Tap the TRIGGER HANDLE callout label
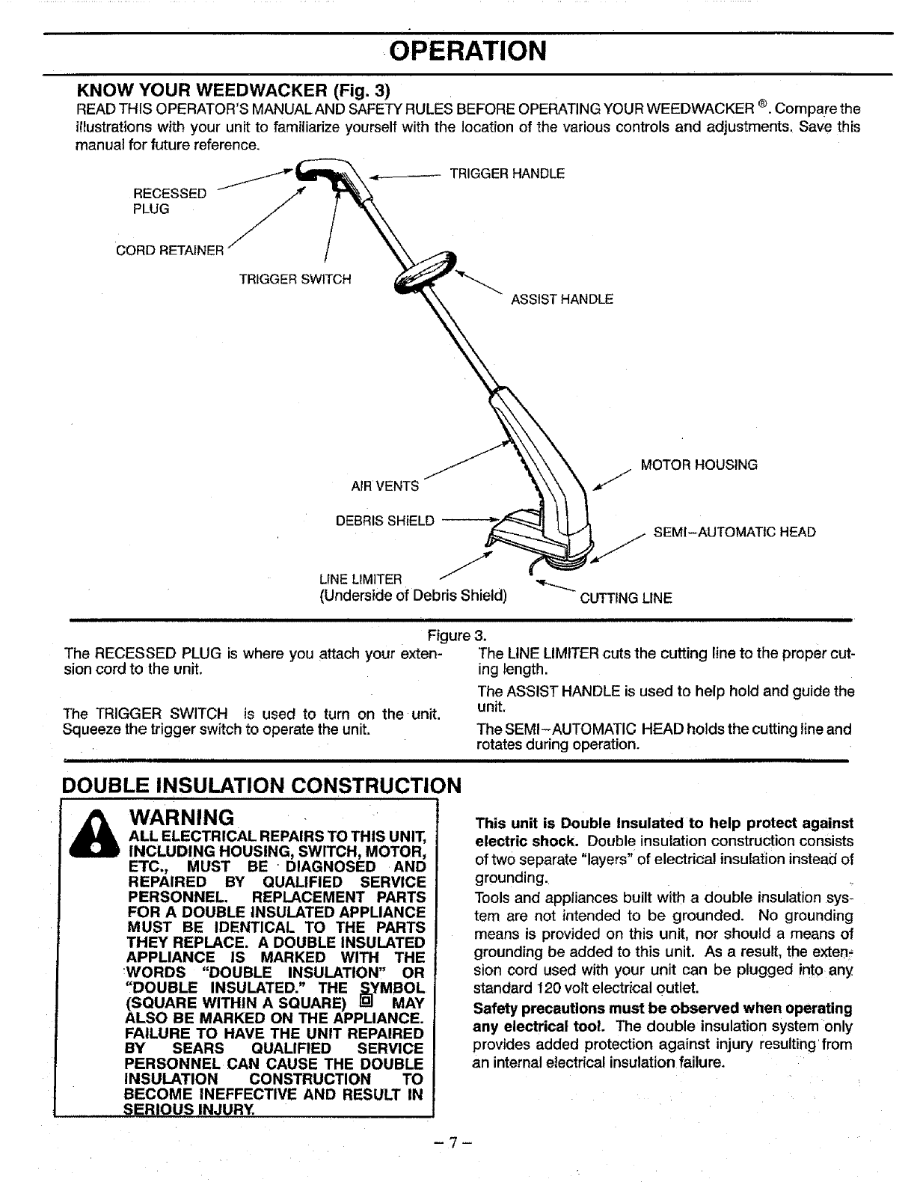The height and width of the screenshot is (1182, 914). pos(506,174)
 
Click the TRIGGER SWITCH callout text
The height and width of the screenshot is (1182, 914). pos(295,279)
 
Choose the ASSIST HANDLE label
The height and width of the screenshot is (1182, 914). pos(562,299)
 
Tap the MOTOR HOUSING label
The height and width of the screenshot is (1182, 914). pos(699,465)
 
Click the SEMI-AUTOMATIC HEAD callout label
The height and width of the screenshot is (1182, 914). pos(734,533)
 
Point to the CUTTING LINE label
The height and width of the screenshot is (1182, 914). pos(626,598)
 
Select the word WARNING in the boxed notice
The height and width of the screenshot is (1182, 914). pos(183,814)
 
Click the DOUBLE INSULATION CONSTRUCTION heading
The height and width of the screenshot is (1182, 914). pos(262,786)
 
